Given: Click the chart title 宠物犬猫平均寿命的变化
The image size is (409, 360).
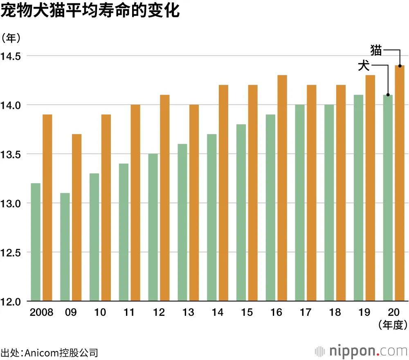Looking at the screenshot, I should pyautogui.click(x=90, y=11).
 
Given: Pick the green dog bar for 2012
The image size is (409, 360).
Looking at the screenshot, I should pyautogui.click(x=153, y=227).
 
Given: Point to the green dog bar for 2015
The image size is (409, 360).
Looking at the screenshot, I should pyautogui.click(x=241, y=213).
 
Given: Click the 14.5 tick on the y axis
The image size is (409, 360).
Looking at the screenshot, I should pyautogui.click(x=13, y=56).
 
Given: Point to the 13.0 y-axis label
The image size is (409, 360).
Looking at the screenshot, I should pyautogui.click(x=13, y=203).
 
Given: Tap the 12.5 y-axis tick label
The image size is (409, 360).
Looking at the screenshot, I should pyautogui.click(x=13, y=252).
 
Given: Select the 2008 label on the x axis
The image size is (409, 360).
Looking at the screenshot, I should pyautogui.click(x=41, y=313).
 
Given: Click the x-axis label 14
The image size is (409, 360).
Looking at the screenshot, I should pyautogui.click(x=218, y=313).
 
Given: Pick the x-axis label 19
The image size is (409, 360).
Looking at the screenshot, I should pyautogui.click(x=364, y=313).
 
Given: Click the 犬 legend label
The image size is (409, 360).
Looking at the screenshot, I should pyautogui.click(x=364, y=65).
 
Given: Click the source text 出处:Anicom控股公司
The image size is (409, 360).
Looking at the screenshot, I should pyautogui.click(x=49, y=352).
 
